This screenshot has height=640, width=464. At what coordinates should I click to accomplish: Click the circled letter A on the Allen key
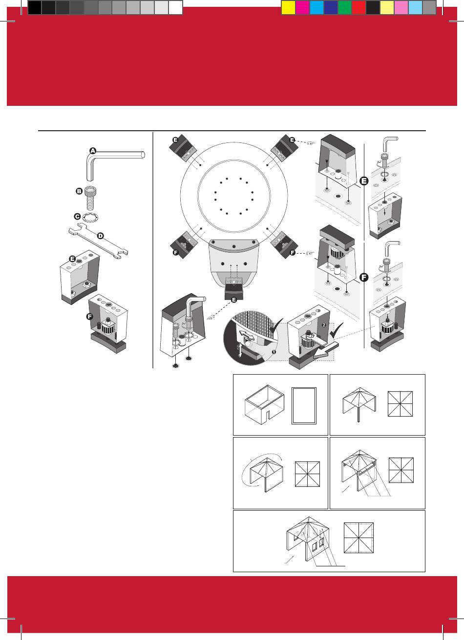93,151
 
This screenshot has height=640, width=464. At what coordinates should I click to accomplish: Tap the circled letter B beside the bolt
79,191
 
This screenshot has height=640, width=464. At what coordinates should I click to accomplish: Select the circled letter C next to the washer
77,216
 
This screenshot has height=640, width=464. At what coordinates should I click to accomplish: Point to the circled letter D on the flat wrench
101,236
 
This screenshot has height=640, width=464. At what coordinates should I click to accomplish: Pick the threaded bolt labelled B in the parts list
91,198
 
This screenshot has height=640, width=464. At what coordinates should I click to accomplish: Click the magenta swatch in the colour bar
302,7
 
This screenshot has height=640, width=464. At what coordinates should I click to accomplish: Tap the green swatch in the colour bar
345,7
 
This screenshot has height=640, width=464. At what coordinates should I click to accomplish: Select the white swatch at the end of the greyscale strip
175,7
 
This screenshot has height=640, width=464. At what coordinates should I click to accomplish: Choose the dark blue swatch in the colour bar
331,7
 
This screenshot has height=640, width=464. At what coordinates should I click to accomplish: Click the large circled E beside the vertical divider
364,181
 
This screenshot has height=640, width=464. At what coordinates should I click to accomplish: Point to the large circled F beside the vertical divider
364,277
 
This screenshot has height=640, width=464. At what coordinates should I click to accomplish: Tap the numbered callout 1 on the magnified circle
274,352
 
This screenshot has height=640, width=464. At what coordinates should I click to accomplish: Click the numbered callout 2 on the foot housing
324,325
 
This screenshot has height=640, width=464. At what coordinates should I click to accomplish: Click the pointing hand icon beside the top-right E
311,142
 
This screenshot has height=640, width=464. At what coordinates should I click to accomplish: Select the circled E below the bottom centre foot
234,300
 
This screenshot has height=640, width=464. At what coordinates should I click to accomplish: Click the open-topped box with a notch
265,405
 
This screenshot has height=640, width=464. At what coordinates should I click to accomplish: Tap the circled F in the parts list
90,317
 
